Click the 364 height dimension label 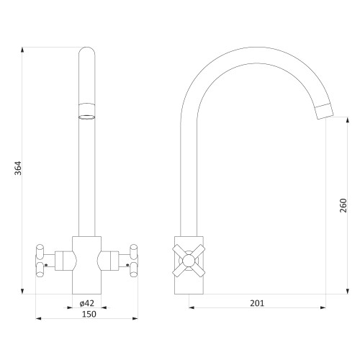click(x=18, y=168)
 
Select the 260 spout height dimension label click(x=343, y=205)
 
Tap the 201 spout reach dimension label click(x=257, y=303)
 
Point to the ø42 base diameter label click(x=87, y=303)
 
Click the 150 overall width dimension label click(x=89, y=314)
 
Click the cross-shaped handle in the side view click(x=189, y=261)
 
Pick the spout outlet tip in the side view click(x=325, y=112)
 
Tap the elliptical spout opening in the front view click(x=86, y=117)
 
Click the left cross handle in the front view click(x=40, y=261)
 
